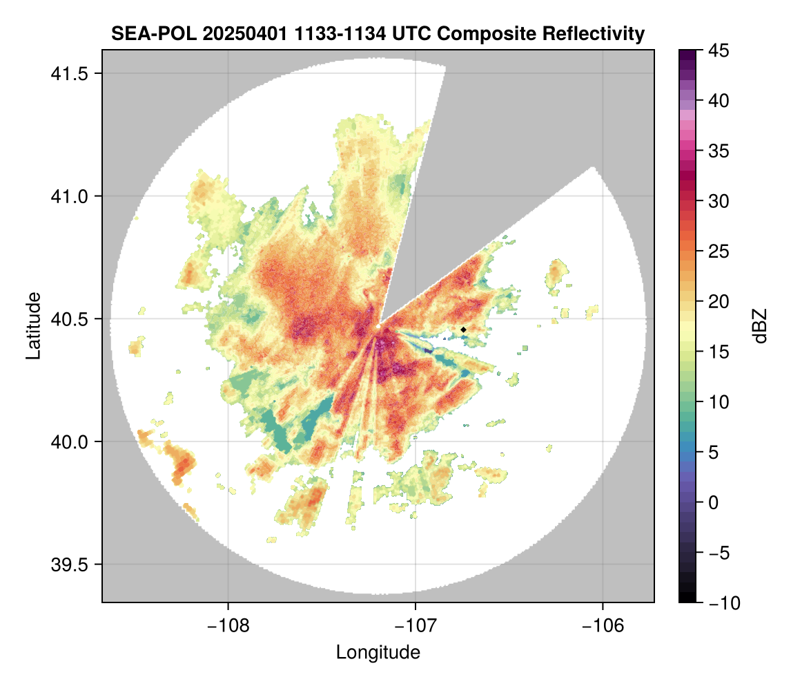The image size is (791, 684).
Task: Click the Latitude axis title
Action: pyautogui.click(x=33, y=325)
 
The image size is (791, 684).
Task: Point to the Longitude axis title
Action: pyautogui.click(x=378, y=652)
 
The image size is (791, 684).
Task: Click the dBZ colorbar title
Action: pyautogui.click(x=759, y=326)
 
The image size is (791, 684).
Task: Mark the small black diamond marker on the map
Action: pyautogui.click(x=463, y=330)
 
